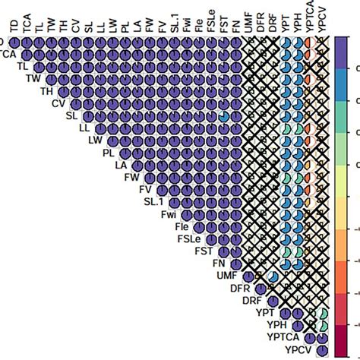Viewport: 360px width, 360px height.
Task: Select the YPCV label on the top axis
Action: (x=324, y=17)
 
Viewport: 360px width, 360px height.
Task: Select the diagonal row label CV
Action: (x=58, y=103)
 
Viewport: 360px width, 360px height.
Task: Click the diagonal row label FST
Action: (x=204, y=250)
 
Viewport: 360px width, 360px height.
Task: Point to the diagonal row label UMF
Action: (x=226, y=274)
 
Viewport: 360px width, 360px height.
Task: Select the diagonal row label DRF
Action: (x=251, y=299)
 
